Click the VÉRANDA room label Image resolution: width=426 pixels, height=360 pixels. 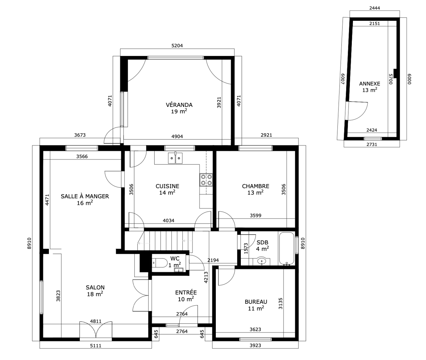click(x=179, y=105)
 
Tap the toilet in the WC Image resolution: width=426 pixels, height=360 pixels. click(x=160, y=263)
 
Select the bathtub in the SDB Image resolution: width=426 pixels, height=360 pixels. click(x=287, y=249)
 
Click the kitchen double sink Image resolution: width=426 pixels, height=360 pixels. click(x=175, y=158)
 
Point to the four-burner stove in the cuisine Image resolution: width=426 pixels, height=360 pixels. click(x=206, y=180)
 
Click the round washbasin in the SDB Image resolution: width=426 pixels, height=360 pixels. click(x=262, y=261)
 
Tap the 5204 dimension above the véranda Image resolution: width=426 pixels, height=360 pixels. click(x=177, y=45)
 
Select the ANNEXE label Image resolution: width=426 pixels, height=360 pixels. click(x=370, y=84)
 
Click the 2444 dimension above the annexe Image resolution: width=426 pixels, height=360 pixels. click(x=375, y=8)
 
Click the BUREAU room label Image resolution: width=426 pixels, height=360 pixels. click(x=256, y=302)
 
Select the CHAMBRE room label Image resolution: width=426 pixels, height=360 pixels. click(x=256, y=186)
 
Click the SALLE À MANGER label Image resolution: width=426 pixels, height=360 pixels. click(x=85, y=196)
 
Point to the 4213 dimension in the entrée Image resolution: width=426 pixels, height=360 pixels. click(x=206, y=277)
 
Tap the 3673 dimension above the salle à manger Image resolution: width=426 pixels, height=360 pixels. click(x=80, y=135)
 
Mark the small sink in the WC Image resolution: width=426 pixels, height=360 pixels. click(x=179, y=270)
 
